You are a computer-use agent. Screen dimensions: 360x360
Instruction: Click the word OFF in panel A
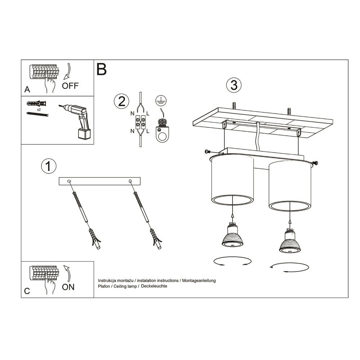click(x=70, y=86)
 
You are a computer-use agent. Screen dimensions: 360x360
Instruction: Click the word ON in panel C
click(x=68, y=287)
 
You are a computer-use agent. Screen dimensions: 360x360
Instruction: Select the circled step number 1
click(x=49, y=166)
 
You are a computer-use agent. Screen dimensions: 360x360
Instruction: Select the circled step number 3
click(x=234, y=85)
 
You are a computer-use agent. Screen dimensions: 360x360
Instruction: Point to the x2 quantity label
click(x=39, y=108)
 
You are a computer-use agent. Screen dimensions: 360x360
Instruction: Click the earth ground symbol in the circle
click(x=160, y=101)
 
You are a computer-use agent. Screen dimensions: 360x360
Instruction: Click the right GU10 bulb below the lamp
click(x=290, y=241)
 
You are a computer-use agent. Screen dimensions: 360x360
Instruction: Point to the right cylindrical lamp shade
click(x=290, y=185)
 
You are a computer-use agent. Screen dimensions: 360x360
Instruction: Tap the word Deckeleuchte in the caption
click(x=155, y=286)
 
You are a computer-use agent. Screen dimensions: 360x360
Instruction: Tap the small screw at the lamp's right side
click(x=315, y=163)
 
